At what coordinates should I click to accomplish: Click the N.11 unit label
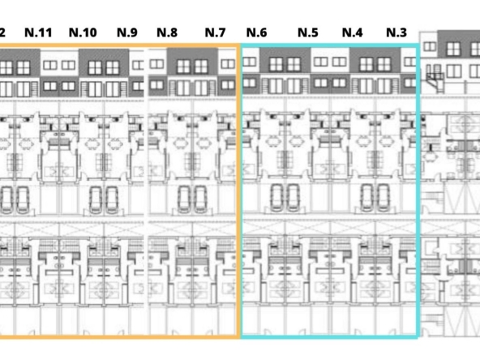click(38, 32)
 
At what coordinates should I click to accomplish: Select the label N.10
click(83, 32)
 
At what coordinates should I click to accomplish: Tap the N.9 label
click(127, 32)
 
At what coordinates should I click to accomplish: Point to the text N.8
click(167, 32)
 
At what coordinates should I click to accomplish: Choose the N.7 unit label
click(215, 32)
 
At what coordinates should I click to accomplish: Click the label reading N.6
click(256, 32)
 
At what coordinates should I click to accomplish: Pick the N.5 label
click(307, 32)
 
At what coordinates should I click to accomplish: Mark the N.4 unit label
click(353, 32)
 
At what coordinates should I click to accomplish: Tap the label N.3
click(396, 32)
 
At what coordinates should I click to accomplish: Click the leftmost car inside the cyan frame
click(276, 198)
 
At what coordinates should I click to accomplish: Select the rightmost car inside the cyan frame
click(384, 198)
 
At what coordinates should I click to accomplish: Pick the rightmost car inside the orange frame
click(200, 199)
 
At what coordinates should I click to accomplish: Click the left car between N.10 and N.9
click(96, 200)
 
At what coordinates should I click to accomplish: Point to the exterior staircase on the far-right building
click(435, 79)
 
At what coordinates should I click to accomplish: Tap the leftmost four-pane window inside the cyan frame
click(276, 65)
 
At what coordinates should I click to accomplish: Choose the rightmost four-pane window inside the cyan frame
click(384, 65)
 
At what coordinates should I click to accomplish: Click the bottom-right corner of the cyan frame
click(418, 337)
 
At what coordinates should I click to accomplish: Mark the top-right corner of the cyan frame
click(418, 45)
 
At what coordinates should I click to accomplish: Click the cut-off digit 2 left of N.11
click(2, 32)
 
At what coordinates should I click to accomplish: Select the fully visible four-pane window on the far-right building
click(453, 49)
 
